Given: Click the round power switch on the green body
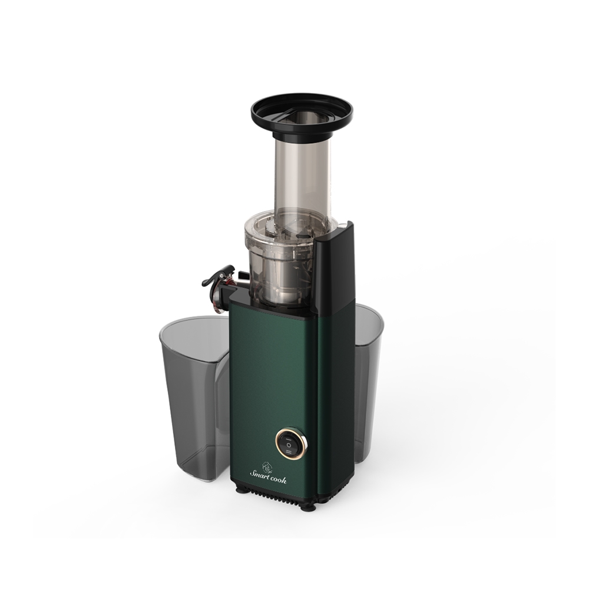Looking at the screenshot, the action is [292, 444].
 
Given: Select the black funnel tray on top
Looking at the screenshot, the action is [302, 115].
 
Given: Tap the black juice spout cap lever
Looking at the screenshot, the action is [218, 275].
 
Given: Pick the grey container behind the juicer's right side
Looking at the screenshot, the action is [368, 383].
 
